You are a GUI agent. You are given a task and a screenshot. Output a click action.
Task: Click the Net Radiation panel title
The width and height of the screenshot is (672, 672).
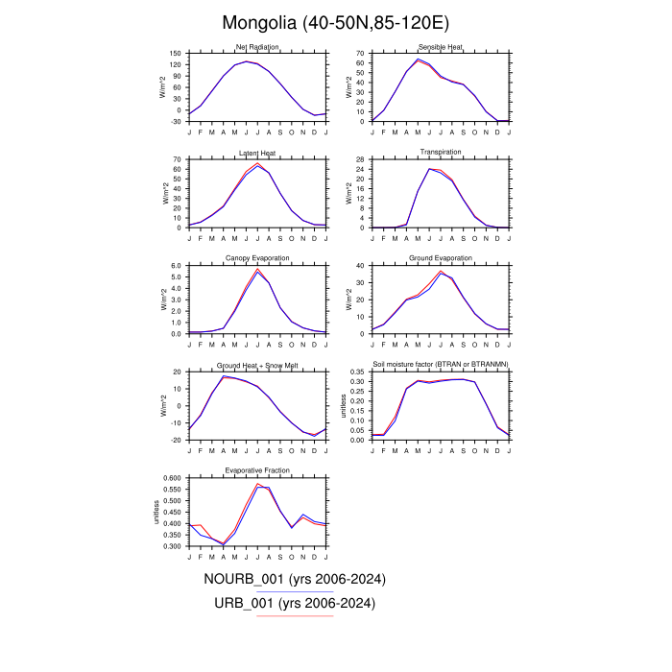(256, 47)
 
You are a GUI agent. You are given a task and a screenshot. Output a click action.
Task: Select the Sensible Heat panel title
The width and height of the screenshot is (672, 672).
(441, 47)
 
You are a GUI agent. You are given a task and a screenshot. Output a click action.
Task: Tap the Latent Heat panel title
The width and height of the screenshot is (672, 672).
(256, 153)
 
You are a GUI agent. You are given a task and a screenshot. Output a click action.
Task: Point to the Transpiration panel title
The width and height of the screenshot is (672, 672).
(441, 153)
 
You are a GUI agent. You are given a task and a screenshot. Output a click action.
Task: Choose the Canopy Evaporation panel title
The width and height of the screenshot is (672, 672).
(256, 258)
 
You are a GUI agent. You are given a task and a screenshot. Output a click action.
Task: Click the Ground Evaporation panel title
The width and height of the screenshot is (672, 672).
(441, 258)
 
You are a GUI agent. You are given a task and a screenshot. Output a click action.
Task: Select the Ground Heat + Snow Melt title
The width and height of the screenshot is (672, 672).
(256, 365)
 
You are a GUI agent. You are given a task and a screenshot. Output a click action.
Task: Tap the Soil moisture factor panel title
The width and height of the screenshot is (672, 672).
(441, 365)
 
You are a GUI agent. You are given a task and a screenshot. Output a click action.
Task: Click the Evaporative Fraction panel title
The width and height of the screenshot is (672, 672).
(256, 470)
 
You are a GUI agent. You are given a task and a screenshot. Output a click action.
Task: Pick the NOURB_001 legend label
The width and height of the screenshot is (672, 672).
(294, 579)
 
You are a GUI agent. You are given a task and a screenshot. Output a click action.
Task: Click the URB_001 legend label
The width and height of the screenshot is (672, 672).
(294, 603)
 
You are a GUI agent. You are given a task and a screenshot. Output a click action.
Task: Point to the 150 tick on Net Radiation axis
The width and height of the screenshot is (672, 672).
(176, 54)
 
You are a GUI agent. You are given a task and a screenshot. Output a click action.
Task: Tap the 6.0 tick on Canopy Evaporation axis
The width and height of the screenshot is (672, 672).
(176, 265)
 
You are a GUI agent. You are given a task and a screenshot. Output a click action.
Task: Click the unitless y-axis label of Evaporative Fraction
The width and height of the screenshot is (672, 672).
(156, 511)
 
